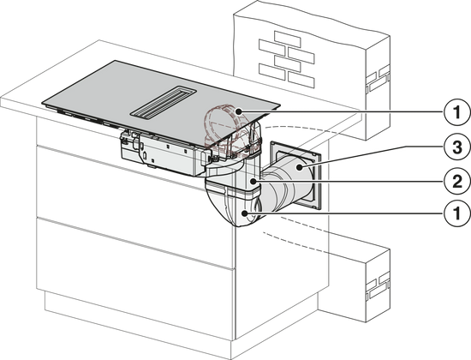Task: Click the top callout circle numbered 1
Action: [x=457, y=112]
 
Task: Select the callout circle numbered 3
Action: [x=457, y=147]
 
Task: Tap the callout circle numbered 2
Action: [x=457, y=182]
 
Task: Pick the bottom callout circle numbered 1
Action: [x=457, y=213]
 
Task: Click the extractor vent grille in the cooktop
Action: [x=163, y=103]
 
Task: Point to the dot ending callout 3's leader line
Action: [x=300, y=167]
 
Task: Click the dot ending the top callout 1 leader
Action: [x=239, y=112]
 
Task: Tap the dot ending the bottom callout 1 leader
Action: [x=245, y=213]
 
